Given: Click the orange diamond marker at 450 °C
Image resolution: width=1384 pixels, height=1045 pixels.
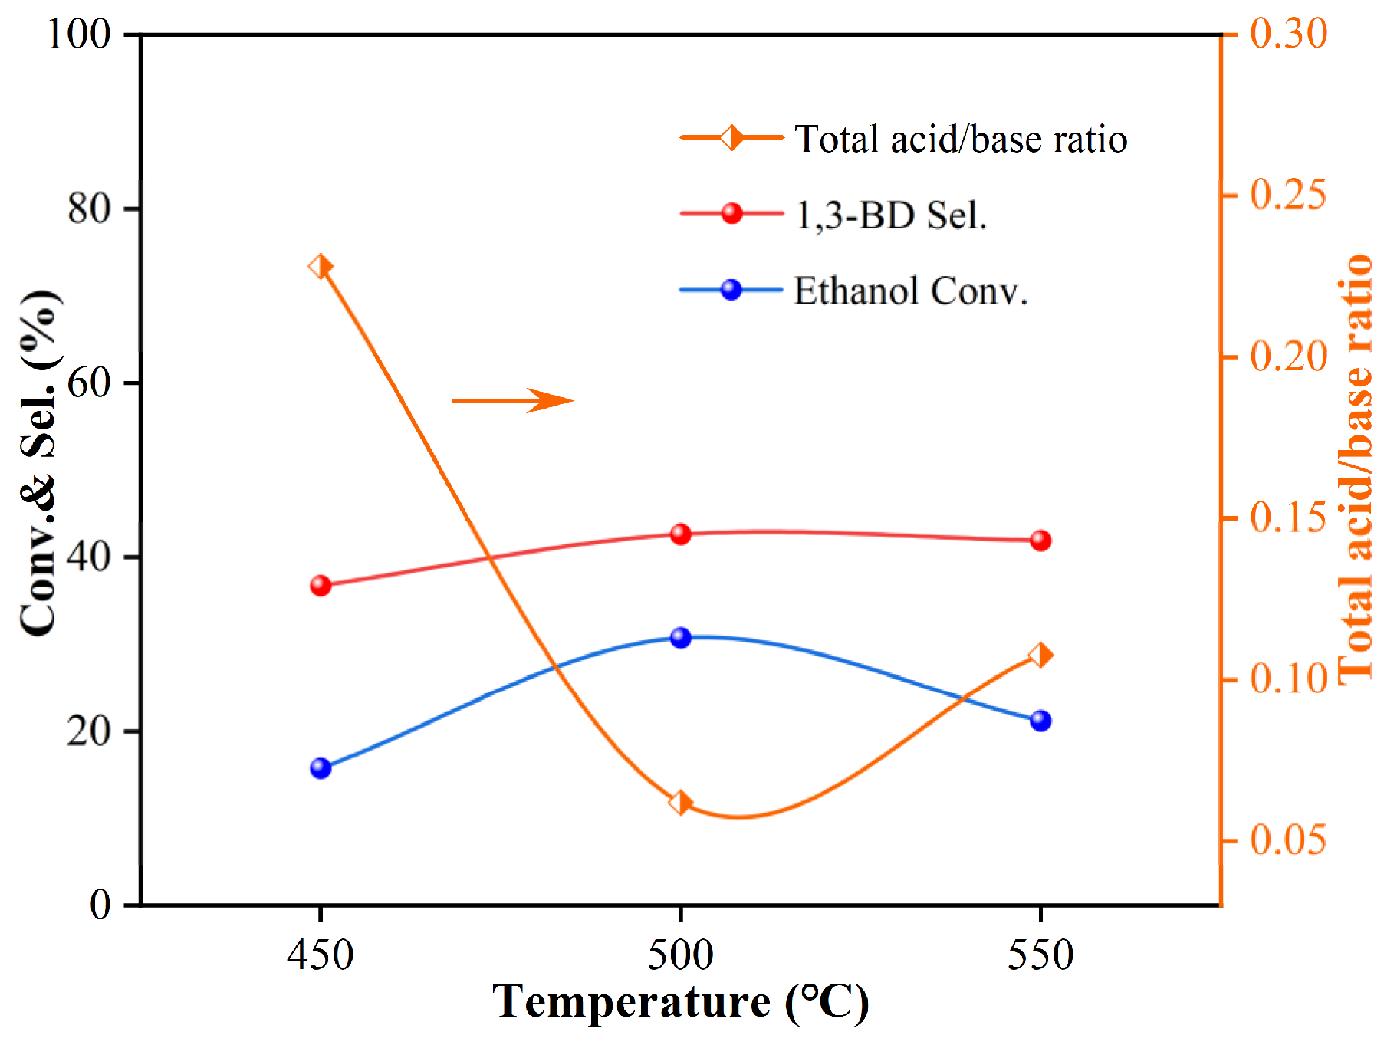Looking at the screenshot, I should pyautogui.click(x=321, y=267).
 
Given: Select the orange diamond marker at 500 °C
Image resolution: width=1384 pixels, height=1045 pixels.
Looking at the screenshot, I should pyautogui.click(x=680, y=803).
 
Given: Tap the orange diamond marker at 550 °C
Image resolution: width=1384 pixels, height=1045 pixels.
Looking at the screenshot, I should pyautogui.click(x=1040, y=655).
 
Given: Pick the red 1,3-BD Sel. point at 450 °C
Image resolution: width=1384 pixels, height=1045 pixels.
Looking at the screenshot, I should pyautogui.click(x=321, y=586).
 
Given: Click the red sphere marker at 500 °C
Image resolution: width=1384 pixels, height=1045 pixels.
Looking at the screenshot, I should pyautogui.click(x=680, y=534).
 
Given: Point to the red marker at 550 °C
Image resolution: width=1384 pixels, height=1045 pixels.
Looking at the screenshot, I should pyautogui.click(x=1040, y=541).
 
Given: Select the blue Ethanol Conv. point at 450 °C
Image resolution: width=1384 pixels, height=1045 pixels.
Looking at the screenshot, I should pyautogui.click(x=321, y=768).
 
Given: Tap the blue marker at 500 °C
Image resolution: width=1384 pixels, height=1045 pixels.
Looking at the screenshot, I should pyautogui.click(x=680, y=638).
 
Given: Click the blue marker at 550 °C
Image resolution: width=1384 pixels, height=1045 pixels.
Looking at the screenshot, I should pyautogui.click(x=1040, y=721).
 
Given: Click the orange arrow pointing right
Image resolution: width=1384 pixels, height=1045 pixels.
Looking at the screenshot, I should pyautogui.click(x=512, y=400).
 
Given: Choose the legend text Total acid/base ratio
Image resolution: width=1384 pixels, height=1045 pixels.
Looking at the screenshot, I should pyautogui.click(x=960, y=140).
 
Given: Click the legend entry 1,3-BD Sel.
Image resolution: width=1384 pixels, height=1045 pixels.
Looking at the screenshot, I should pyautogui.click(x=891, y=215).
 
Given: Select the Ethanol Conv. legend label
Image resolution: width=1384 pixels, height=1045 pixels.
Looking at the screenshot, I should pyautogui.click(x=910, y=291).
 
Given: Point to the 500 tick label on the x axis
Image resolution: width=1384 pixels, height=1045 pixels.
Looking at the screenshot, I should pyautogui.click(x=680, y=955).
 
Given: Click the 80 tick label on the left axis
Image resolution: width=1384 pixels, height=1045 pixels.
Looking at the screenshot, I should pyautogui.click(x=90, y=209).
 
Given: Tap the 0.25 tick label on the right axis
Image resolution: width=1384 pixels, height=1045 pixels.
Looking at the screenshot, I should pyautogui.click(x=1288, y=194).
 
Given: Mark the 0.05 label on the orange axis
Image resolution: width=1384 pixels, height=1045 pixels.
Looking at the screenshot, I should pyautogui.click(x=1288, y=840).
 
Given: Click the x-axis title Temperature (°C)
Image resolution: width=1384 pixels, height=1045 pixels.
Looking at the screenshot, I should pyautogui.click(x=680, y=1002).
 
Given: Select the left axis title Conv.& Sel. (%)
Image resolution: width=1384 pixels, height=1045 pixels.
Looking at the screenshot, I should pyautogui.click(x=38, y=463).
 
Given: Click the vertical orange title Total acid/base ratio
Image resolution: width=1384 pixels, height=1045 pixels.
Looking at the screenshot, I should pyautogui.click(x=1356, y=468).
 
